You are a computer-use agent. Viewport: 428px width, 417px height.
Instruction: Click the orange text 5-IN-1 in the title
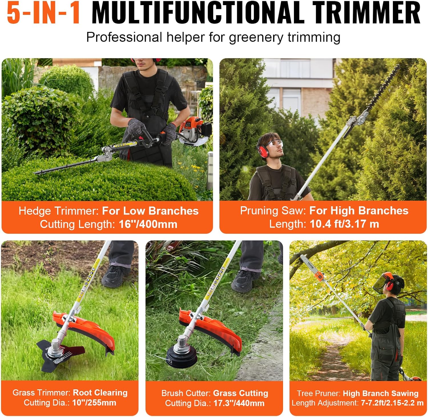[x=43, y=13]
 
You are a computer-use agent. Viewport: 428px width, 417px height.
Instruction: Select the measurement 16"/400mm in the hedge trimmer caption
[x=148, y=224]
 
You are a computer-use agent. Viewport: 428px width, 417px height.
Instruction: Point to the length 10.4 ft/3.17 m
[x=344, y=224]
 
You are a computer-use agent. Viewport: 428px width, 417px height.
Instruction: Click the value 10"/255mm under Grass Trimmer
[x=94, y=403]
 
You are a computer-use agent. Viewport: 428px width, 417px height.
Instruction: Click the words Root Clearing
[x=100, y=393]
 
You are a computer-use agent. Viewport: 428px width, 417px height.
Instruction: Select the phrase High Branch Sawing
[x=380, y=393]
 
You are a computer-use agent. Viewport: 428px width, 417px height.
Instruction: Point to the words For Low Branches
[x=150, y=211]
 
